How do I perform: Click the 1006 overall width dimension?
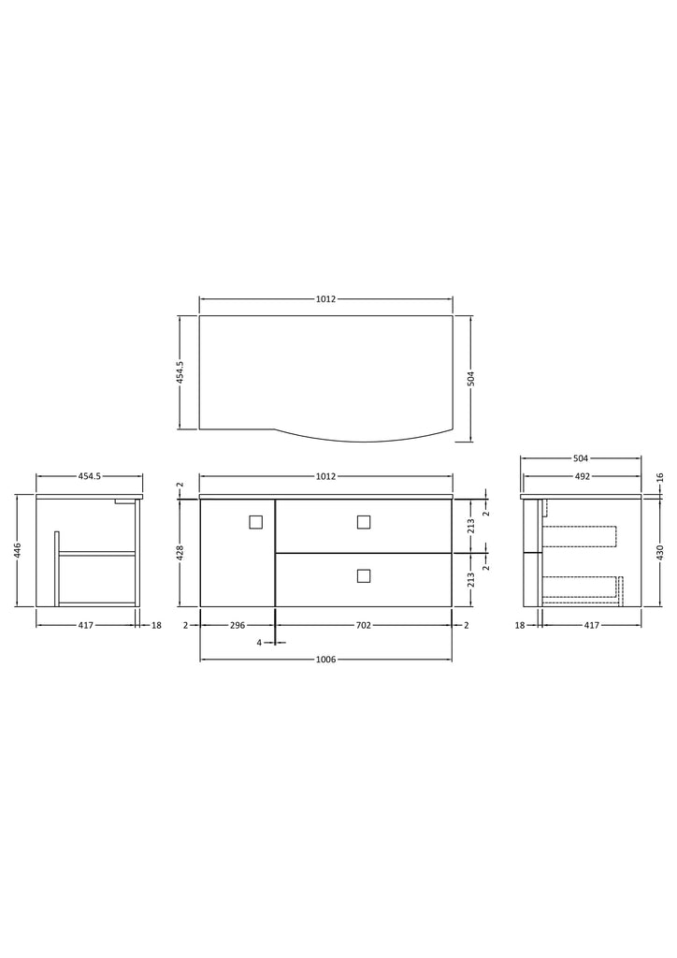[x=326, y=660]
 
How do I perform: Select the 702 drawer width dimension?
[x=363, y=625]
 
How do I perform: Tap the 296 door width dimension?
[x=238, y=625]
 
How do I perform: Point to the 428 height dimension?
[x=180, y=552]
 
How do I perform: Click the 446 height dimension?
[x=19, y=550]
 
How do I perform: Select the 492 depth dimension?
[x=583, y=476]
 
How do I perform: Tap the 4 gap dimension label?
[x=259, y=643]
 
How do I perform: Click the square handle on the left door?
[x=256, y=522]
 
